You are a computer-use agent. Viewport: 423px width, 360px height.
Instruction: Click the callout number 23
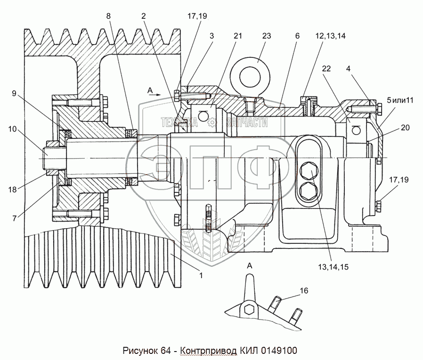[266, 36]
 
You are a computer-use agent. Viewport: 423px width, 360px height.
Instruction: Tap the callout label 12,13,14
[331, 36]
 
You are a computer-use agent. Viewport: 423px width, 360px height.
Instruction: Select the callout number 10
[12, 129]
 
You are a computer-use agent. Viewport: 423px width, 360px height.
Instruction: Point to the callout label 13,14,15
[334, 267]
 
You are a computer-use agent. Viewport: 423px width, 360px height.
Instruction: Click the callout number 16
[304, 291]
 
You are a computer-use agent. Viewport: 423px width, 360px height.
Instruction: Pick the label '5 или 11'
[400, 101]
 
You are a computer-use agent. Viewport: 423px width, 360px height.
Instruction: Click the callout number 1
[201, 275]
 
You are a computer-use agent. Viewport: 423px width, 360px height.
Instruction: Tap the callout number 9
[14, 94]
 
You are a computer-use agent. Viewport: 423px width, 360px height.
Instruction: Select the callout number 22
[326, 69]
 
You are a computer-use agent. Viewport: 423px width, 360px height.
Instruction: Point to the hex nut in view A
[248, 309]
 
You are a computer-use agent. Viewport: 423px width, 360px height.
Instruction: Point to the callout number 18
[12, 190]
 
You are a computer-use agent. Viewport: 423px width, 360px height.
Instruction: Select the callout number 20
[405, 128]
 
